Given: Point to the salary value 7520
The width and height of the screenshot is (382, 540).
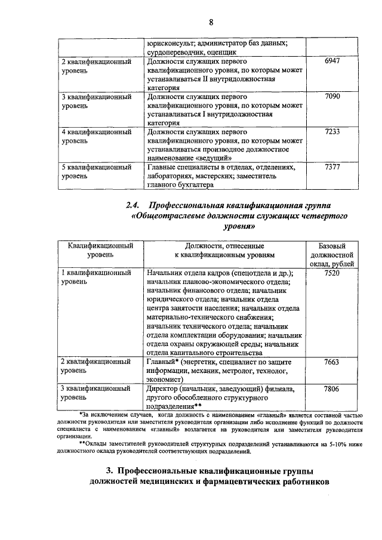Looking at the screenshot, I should (332, 273).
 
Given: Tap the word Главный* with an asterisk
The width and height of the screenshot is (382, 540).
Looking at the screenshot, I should (164, 362).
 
